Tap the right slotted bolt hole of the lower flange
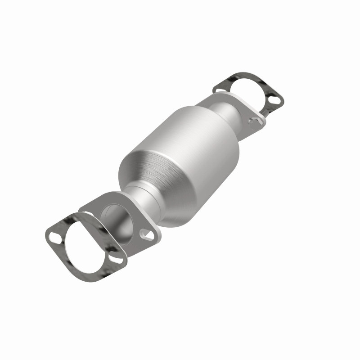point(145,233)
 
